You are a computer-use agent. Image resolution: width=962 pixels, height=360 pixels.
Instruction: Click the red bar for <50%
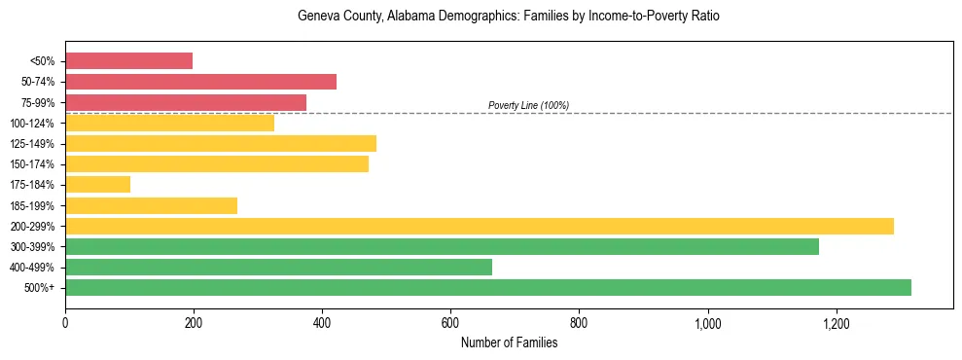click(x=128, y=61)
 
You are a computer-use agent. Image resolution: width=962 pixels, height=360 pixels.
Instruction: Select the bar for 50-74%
click(x=200, y=82)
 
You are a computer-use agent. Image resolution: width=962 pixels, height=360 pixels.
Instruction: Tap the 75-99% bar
click(x=186, y=102)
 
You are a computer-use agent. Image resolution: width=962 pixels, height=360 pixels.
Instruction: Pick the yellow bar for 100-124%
click(x=169, y=123)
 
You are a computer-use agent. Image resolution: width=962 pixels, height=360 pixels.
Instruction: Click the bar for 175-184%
click(x=97, y=184)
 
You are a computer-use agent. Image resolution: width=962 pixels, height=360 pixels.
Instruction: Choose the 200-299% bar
click(x=480, y=226)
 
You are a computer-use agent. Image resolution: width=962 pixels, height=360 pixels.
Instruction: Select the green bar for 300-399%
click(x=442, y=246)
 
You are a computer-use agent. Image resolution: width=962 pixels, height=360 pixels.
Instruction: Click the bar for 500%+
click(x=488, y=287)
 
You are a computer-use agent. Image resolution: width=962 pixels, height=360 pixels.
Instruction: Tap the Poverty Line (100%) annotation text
click(x=528, y=105)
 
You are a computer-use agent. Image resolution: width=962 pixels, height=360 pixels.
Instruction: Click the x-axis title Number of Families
click(x=509, y=342)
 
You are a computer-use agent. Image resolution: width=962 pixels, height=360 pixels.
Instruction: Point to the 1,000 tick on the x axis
click(x=707, y=323)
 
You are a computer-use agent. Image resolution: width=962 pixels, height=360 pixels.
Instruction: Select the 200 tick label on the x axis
click(x=194, y=323)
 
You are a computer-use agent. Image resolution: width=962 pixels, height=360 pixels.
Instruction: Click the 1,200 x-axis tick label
click(x=836, y=323)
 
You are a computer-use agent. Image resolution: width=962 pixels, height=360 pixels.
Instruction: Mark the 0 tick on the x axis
click(x=65, y=323)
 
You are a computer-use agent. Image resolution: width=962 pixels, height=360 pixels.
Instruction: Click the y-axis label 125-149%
click(x=32, y=144)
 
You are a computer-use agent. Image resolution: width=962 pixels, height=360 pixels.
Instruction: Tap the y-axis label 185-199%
click(x=32, y=205)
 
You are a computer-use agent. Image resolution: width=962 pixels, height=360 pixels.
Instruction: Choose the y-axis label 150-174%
click(x=32, y=164)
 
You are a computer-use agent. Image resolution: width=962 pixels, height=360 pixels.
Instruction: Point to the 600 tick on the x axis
click(x=450, y=323)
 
